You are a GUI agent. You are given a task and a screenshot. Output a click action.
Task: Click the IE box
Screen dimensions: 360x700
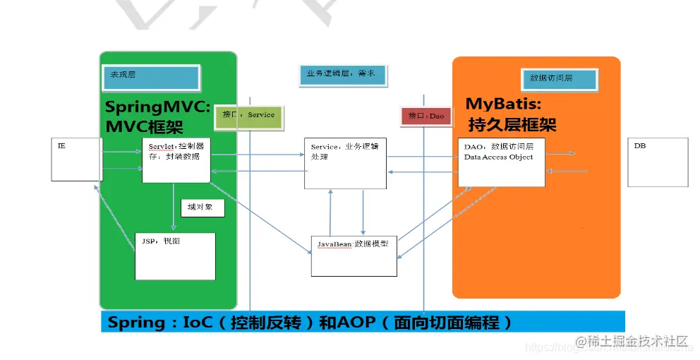click(x=76, y=160)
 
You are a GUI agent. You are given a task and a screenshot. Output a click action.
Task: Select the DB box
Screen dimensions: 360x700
click(x=657, y=162)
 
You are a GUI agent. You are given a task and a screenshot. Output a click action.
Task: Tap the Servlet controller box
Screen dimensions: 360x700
click(x=176, y=160)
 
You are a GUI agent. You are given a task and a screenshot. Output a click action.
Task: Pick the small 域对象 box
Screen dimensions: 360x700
click(x=202, y=208)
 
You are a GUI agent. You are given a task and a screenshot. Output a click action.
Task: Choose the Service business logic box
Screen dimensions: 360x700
click(x=345, y=163)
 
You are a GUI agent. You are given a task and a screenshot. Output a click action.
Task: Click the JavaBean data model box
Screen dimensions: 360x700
click(x=354, y=255)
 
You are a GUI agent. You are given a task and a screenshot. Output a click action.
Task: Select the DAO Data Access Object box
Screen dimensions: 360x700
click(x=501, y=162)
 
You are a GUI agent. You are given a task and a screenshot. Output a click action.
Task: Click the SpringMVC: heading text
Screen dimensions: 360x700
click(x=157, y=107)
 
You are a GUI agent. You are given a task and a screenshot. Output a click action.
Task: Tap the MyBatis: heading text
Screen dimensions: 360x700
click(x=502, y=104)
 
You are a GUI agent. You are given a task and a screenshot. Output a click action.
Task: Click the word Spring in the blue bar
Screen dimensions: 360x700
click(x=136, y=323)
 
